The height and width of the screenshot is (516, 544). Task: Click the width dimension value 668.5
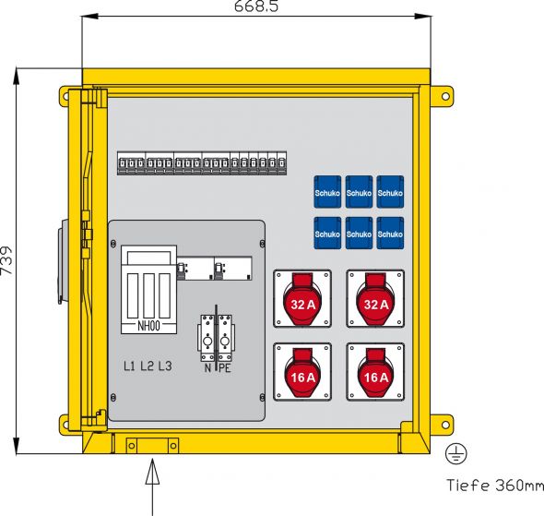[256, 7]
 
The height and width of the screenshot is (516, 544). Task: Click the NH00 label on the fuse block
[148, 326]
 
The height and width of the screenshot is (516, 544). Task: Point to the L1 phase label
[130, 366]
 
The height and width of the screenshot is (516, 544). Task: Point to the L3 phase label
[164, 366]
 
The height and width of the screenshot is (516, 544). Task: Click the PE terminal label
[225, 367]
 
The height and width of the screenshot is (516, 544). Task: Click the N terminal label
[207, 367]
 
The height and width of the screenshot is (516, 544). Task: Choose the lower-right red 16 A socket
[375, 371]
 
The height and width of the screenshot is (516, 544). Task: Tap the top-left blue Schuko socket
[327, 192]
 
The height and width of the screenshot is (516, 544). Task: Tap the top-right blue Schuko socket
[390, 192]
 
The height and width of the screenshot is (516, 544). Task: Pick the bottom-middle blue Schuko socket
[359, 233]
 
